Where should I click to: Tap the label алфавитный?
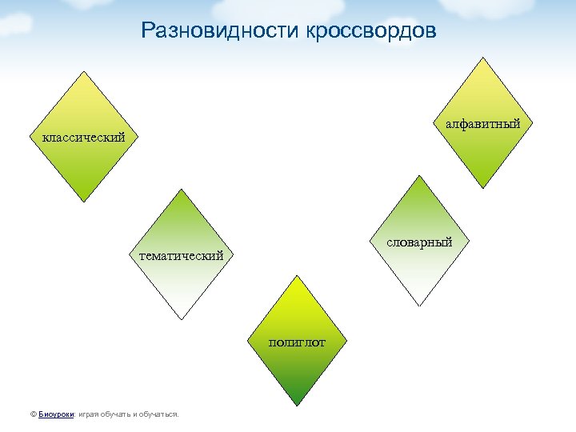[483, 123]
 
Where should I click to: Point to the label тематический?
[182, 256]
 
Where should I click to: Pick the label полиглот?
[297, 342]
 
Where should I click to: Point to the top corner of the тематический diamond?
[182, 190]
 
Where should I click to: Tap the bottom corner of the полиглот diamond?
[297, 406]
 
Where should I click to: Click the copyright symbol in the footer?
[32, 414]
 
